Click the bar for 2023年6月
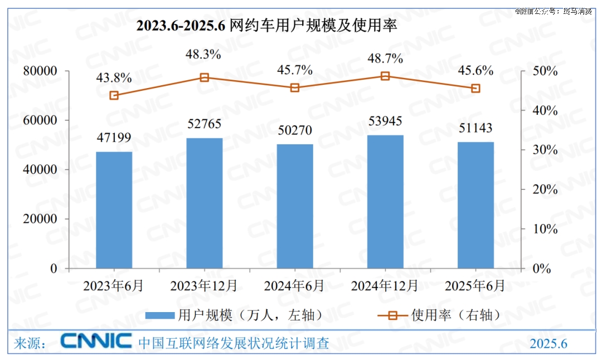point(114,210)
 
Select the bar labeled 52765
point(204,203)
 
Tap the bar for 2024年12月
point(385,202)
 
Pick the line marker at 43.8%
point(114,95)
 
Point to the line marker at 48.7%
point(385,76)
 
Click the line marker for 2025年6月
point(475,89)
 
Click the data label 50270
point(295,130)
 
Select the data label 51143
point(475,128)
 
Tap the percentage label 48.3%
point(203,55)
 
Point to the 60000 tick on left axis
point(42,120)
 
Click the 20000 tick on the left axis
point(42,219)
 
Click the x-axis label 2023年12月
point(204,286)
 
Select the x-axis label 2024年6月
point(294,286)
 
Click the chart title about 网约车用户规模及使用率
point(267,26)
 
